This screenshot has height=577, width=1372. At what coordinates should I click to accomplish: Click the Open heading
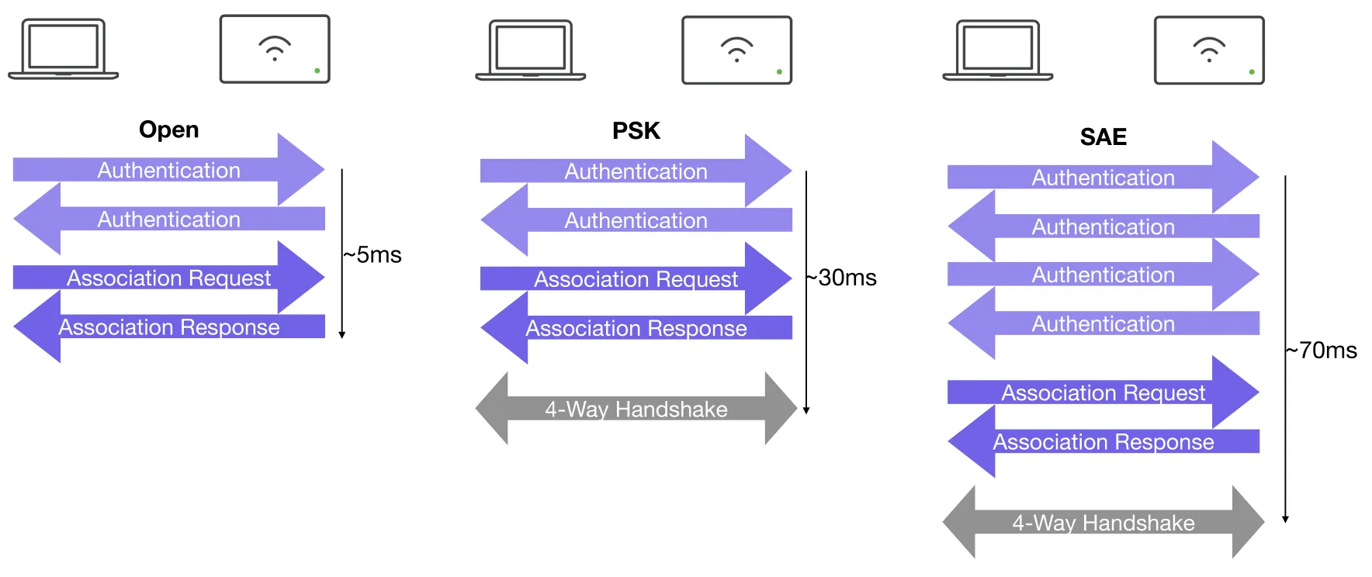168,130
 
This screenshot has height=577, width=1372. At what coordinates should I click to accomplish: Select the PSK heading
636,130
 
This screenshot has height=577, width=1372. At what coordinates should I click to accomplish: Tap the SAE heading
1103,136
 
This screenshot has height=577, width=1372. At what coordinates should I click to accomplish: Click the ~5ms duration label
372,255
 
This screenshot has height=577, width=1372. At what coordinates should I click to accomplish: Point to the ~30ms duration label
841,278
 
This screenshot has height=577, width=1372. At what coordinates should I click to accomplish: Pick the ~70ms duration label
1322,351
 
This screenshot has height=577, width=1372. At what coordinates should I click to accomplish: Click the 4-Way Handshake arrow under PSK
636,409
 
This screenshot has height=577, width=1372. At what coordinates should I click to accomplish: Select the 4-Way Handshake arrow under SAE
1103,523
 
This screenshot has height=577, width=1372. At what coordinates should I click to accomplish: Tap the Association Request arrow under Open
169,278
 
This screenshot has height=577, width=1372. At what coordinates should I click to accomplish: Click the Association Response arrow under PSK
636,328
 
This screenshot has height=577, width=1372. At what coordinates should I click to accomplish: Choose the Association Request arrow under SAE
1103,392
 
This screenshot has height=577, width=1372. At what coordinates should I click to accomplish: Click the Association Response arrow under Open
169,327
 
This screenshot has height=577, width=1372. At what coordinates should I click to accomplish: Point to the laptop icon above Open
64,49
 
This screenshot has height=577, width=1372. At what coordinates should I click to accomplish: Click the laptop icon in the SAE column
998,50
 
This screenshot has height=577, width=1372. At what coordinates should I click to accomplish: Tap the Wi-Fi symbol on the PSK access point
736,49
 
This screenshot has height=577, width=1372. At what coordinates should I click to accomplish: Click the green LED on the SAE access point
1252,72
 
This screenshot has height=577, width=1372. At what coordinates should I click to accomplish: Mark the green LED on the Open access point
317,71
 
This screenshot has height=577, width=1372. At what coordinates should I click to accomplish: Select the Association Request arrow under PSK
636,278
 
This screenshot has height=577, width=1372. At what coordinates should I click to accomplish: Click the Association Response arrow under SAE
1103,441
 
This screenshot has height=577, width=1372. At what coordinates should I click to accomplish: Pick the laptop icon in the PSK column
531,50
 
